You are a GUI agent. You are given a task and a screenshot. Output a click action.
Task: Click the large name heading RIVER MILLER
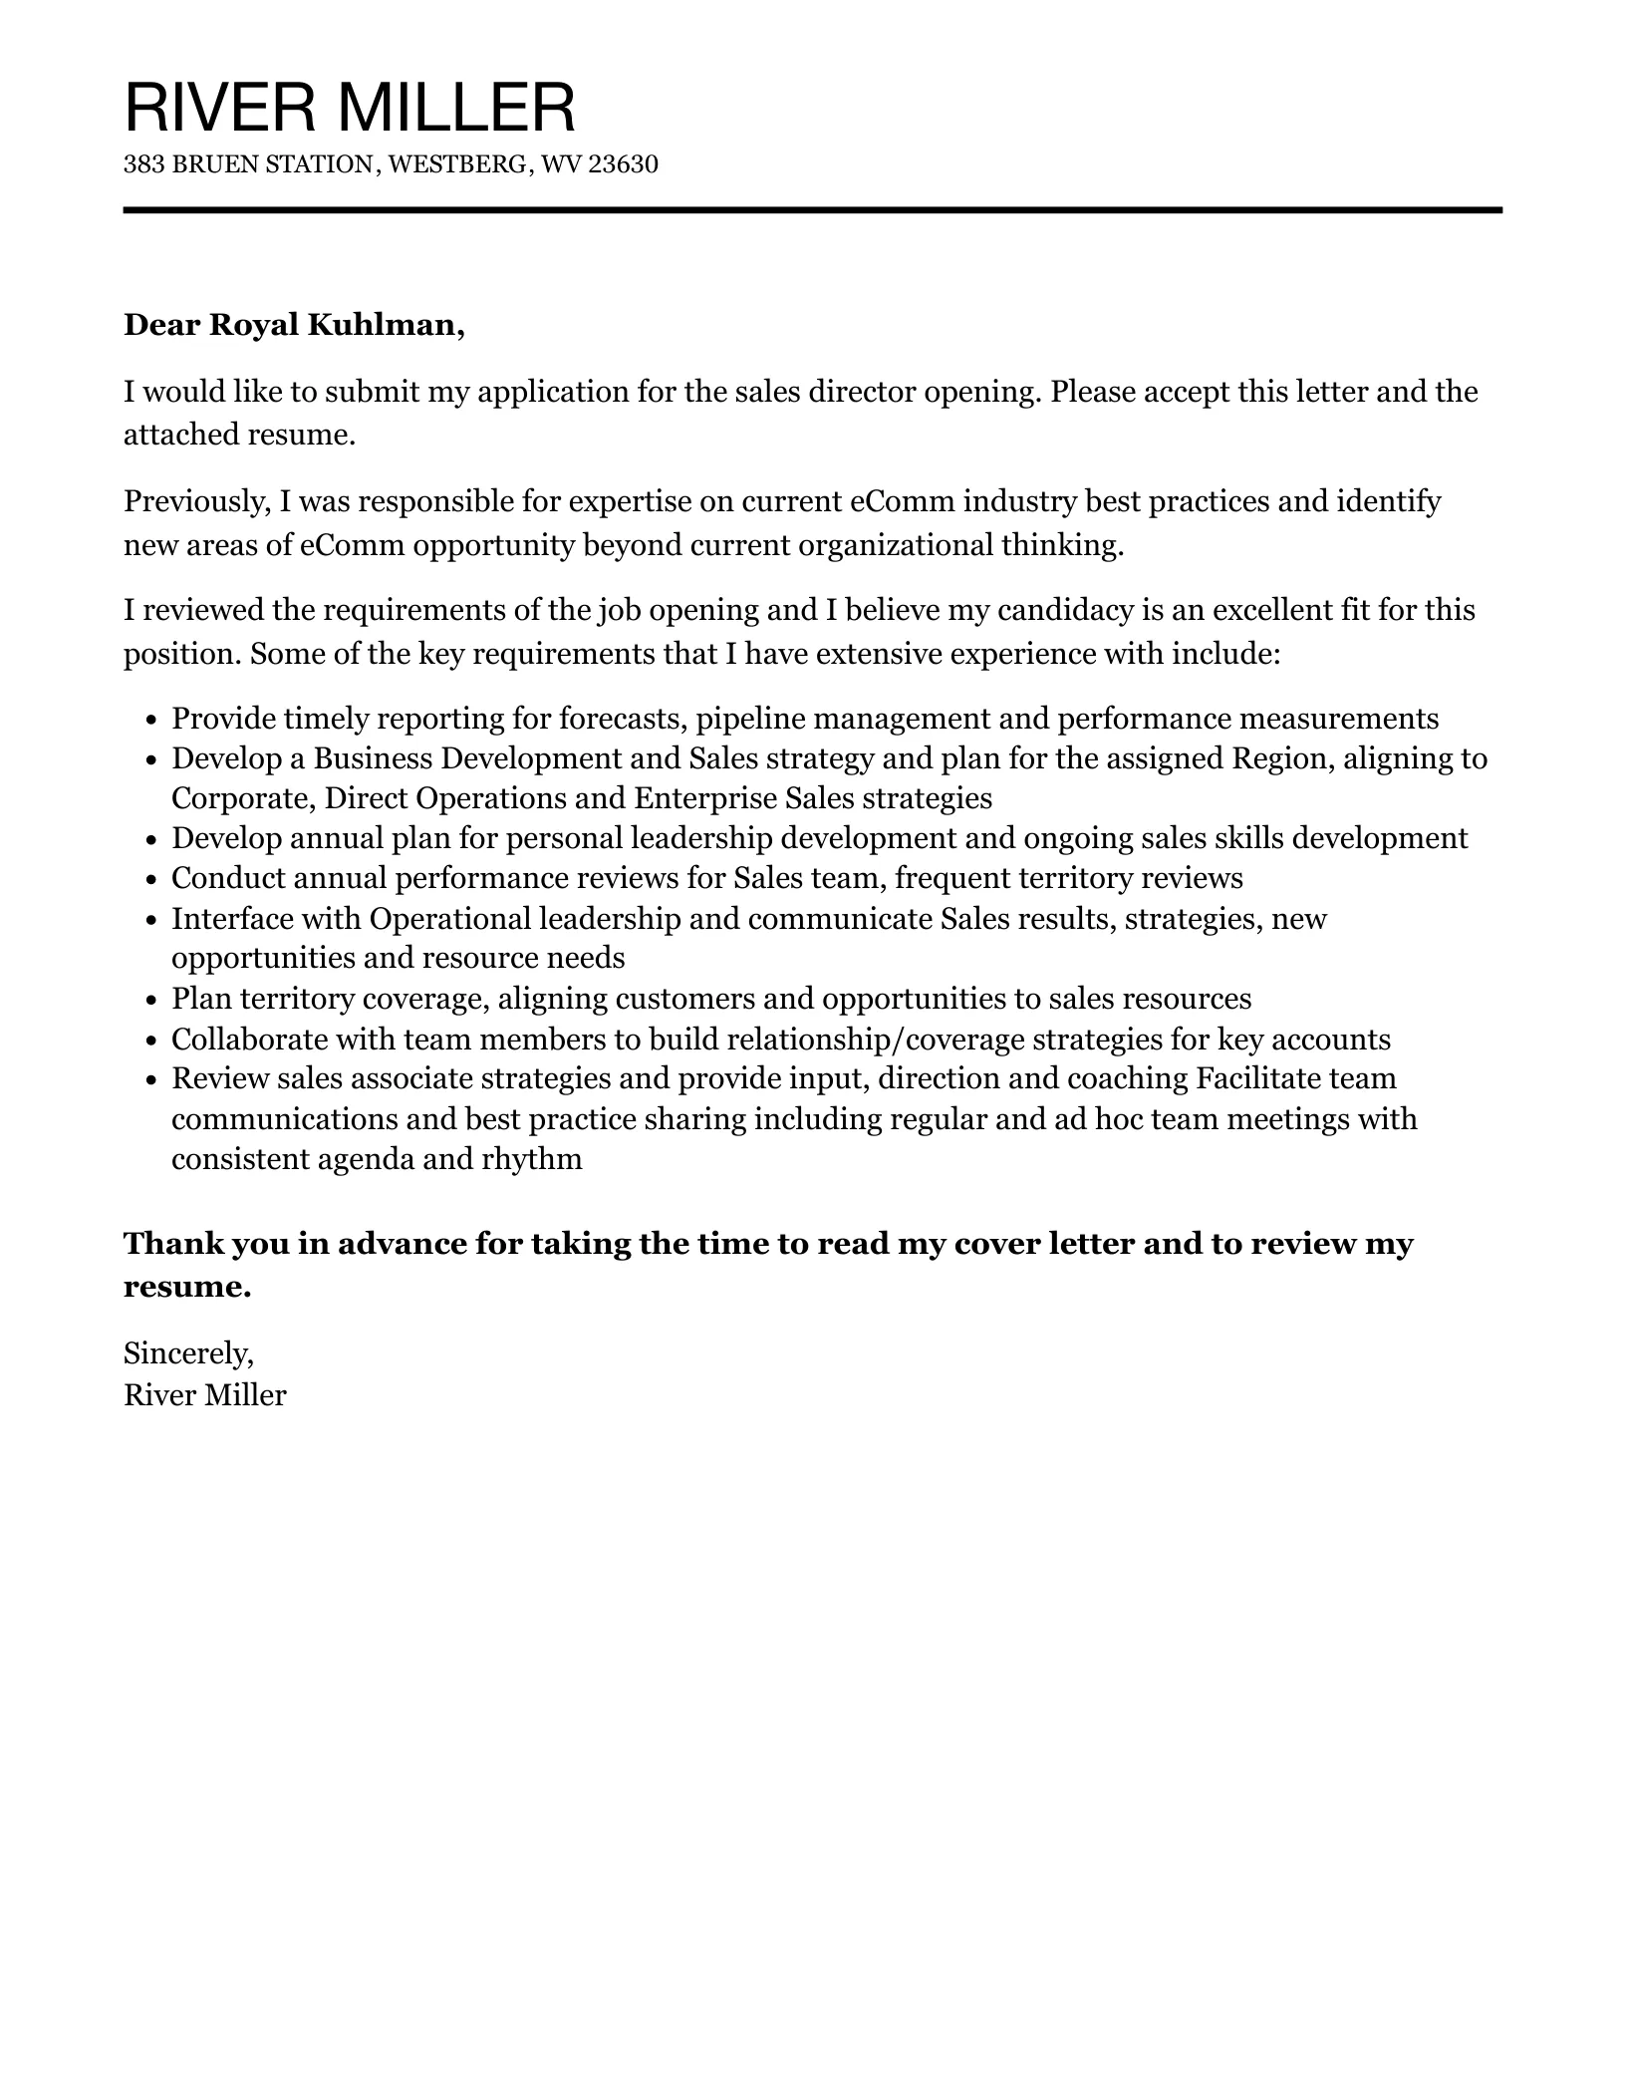coord(350,108)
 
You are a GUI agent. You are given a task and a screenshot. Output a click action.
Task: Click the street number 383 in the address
coord(143,164)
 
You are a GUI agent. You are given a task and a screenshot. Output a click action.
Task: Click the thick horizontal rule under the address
coord(812,210)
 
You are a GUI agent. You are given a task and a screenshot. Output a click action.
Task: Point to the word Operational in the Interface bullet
coord(449,918)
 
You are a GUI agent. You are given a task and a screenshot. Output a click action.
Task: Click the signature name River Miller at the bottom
coord(204,1395)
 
